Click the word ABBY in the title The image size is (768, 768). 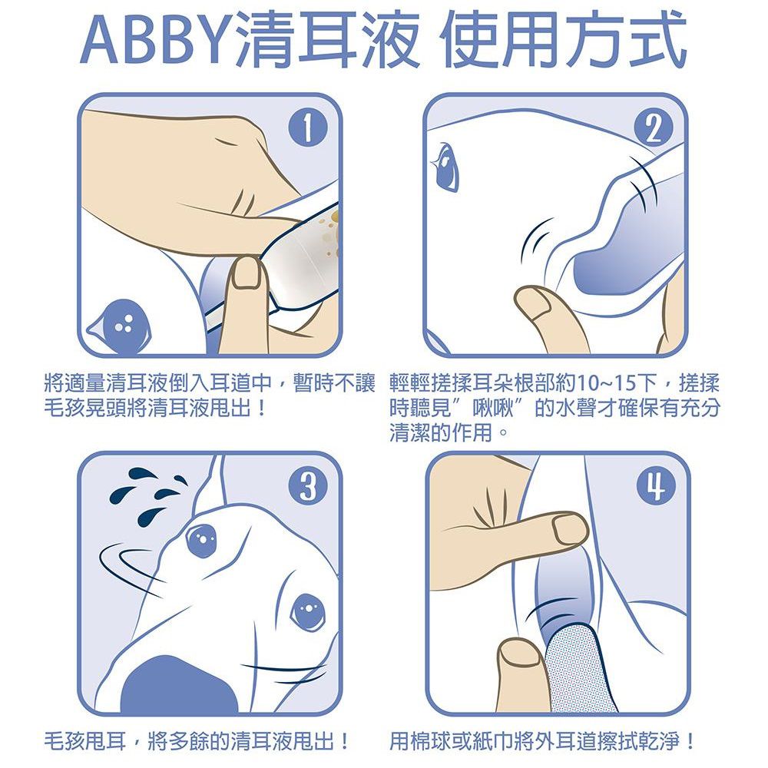click(x=157, y=41)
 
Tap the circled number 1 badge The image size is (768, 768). click(x=307, y=128)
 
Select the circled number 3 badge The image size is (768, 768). click(x=308, y=486)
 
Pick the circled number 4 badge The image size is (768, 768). click(x=657, y=486)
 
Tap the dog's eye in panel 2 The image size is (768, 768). click(x=445, y=166)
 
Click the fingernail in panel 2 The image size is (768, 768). click(x=538, y=301)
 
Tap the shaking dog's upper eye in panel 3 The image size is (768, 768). click(x=202, y=540)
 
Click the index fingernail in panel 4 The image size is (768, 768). click(x=570, y=530)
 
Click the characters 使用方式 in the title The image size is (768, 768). click(x=563, y=40)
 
